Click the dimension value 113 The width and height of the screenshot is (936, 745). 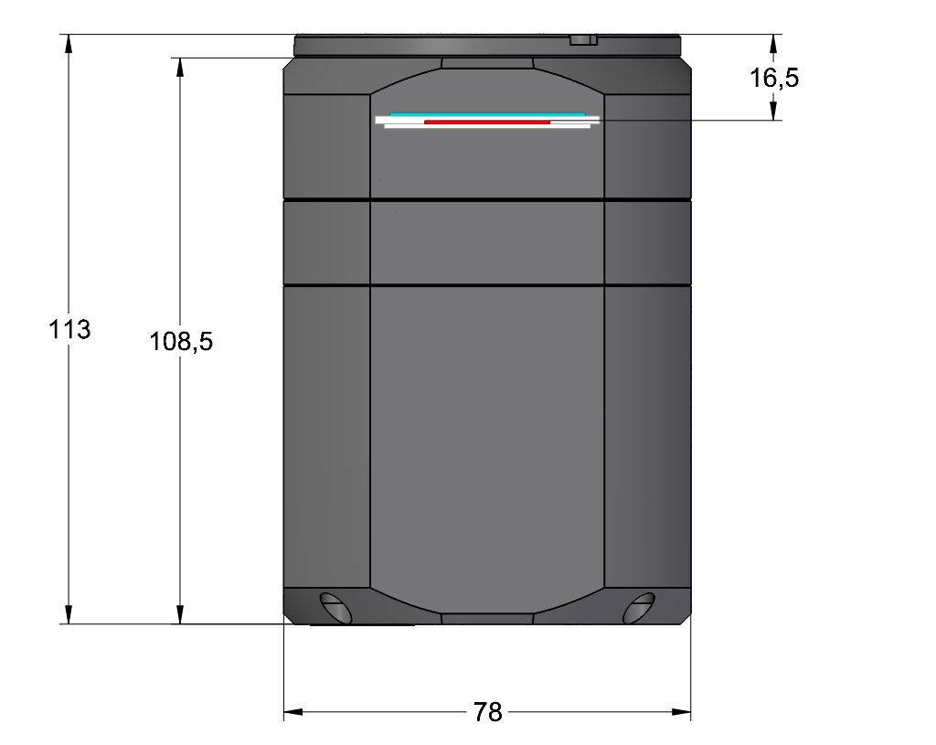tap(69, 329)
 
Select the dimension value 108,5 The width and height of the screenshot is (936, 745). tap(181, 342)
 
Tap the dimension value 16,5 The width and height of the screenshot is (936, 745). tap(774, 79)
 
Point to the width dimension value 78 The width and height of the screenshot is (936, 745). tap(488, 712)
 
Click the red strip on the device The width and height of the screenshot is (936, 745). tap(487, 122)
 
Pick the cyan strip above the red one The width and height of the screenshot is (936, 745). tap(487, 113)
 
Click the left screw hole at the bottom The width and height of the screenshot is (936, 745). tap(335, 608)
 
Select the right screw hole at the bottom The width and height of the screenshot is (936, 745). tap(639, 608)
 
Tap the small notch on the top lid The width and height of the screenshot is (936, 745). tap(583, 40)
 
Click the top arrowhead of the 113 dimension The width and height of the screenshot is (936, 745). tap(69, 44)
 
